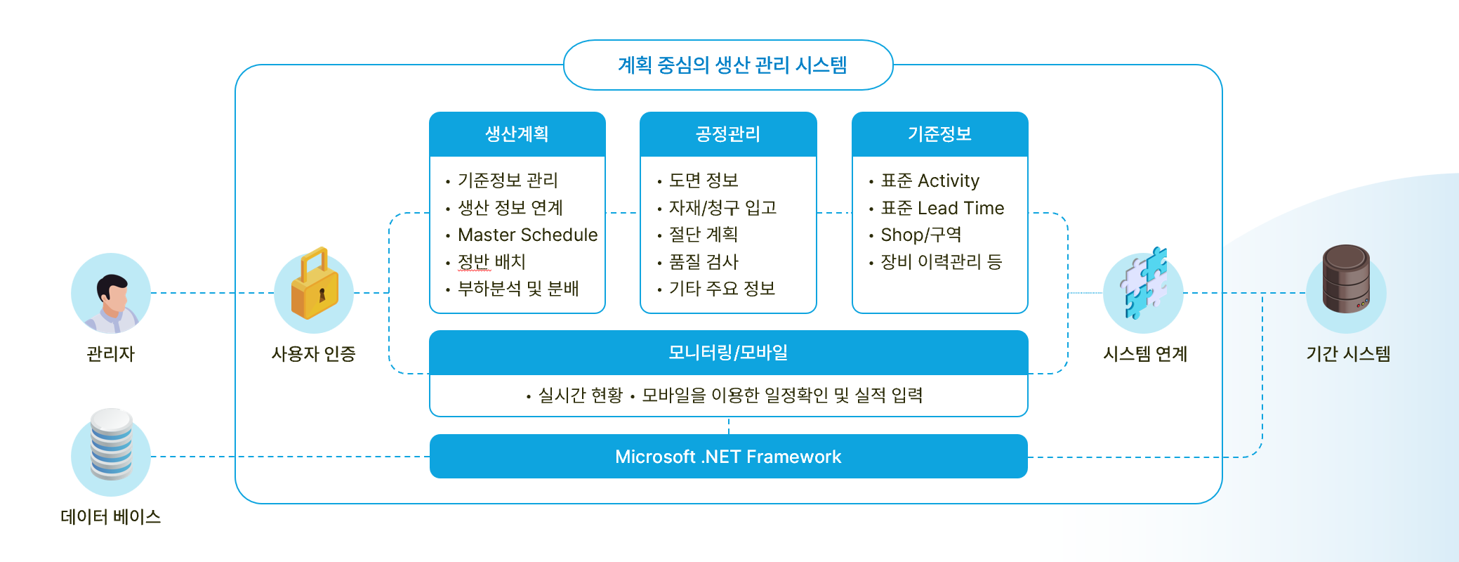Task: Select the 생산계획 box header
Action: pos(517,133)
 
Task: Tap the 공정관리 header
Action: pos(728,133)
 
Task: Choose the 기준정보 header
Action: pos(939,133)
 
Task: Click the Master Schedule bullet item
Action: pos(527,235)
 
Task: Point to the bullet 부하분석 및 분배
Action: pos(517,289)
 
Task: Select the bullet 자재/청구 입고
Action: pos(722,208)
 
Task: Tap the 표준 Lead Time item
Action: pos(942,208)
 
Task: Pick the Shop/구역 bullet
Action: pos(920,235)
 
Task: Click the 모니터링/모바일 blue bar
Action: pos(728,352)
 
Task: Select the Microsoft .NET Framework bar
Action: pos(728,457)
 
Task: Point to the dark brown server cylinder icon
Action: pos(1346,280)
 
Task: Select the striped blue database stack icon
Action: pos(111,445)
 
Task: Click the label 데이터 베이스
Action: pos(111,517)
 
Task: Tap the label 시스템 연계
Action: pos(1144,354)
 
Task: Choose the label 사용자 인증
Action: pos(314,354)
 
